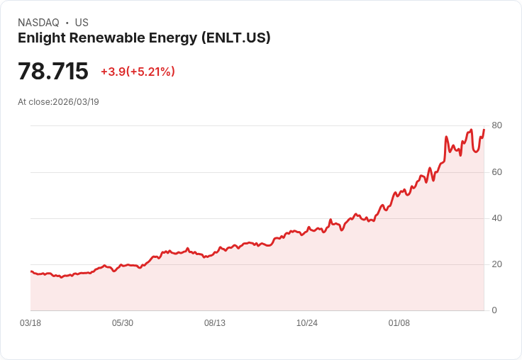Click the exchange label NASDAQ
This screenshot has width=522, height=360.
coord(38,23)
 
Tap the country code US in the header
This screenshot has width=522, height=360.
coord(82,23)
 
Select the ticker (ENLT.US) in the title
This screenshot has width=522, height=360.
coord(235,38)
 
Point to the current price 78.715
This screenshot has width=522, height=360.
coord(53,72)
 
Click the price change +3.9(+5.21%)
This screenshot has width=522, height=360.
coord(138,72)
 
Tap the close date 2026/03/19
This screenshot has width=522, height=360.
coord(76,102)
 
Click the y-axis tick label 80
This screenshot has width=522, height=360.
coord(496,125)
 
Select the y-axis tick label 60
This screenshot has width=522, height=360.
coord(496,172)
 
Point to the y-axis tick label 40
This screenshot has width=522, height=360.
coord(496,218)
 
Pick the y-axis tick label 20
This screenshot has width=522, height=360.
coord(496,264)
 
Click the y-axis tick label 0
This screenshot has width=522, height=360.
coord(494,310)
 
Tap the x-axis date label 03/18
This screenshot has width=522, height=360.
coord(30,323)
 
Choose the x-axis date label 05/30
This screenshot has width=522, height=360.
coord(123,323)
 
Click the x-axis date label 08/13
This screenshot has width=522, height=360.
coord(215,323)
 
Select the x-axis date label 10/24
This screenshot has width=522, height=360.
coord(307,323)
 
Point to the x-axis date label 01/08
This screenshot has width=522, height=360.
coord(399,323)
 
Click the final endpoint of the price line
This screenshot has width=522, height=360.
coord(484,130)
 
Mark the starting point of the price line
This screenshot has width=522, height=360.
coord(30,271)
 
